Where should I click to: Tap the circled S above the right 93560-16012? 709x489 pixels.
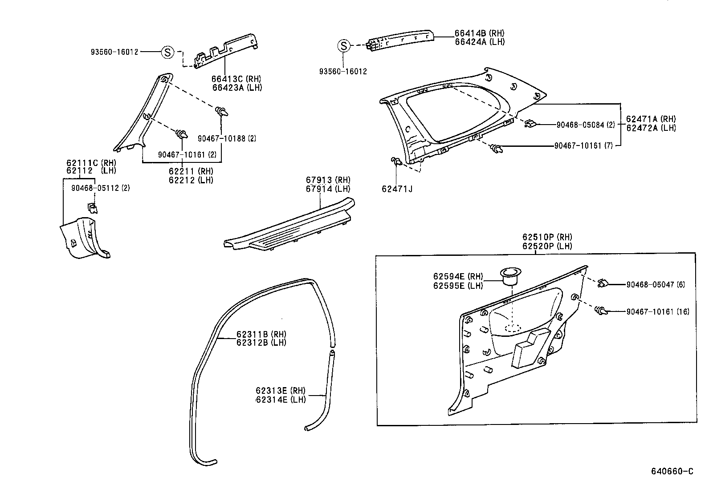tap(343, 46)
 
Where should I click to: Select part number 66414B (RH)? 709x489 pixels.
tap(479, 33)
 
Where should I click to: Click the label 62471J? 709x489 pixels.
tap(397, 189)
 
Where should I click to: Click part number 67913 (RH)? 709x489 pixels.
tap(328, 180)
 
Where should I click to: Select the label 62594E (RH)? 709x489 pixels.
tap(458, 277)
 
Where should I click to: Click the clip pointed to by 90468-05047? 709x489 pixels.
tap(603, 283)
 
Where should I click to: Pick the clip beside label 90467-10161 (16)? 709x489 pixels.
tap(601, 311)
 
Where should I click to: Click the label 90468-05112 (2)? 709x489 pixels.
tap(101, 188)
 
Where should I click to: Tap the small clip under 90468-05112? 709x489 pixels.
tap(93, 207)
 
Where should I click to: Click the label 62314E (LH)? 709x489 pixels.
tap(281, 400)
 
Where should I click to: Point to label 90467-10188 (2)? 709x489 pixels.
tap(227, 138)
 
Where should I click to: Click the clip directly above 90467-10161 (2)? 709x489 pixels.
tap(182, 133)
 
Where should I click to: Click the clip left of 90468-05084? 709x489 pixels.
tap(530, 123)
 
